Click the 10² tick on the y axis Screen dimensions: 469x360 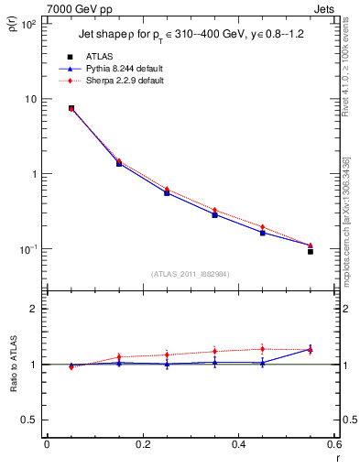[29, 25]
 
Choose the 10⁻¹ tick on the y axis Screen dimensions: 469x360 [29, 249]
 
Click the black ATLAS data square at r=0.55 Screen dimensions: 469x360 [310, 251]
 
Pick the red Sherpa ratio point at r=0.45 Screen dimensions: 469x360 [262, 348]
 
